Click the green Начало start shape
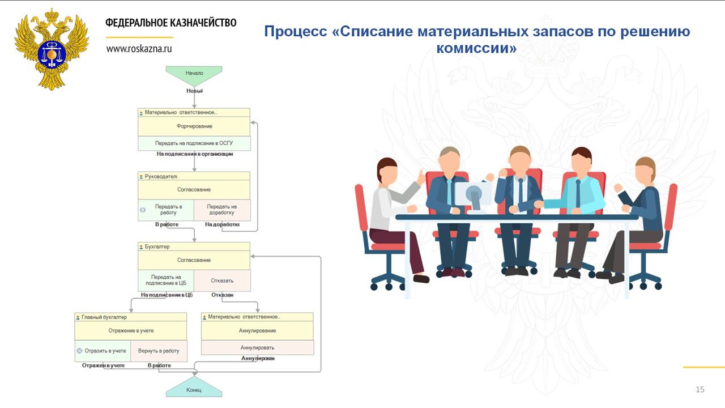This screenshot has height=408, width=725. click(x=194, y=73)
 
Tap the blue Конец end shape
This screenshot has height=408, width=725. click(x=194, y=390)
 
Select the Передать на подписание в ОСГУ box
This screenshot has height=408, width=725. click(x=194, y=143)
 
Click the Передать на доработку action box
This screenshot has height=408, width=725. click(x=221, y=210)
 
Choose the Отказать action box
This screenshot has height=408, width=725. click(x=222, y=280)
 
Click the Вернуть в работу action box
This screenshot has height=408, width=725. click(x=159, y=351)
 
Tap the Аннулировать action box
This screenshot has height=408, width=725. click(x=257, y=347)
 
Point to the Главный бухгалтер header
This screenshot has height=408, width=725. click(x=104, y=317)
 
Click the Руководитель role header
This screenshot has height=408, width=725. click(x=161, y=176)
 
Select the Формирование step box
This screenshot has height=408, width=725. click(x=194, y=126)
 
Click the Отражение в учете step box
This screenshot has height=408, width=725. click(x=131, y=330)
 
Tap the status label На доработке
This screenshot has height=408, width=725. click(x=222, y=224)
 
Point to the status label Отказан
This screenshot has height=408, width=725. click(x=223, y=295)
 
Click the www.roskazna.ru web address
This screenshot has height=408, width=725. click(x=139, y=49)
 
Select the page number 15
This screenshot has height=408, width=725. click(x=700, y=389)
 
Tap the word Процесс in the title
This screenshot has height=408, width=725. click(x=295, y=31)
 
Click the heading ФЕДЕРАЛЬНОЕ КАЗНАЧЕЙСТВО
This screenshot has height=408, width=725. click(x=170, y=23)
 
